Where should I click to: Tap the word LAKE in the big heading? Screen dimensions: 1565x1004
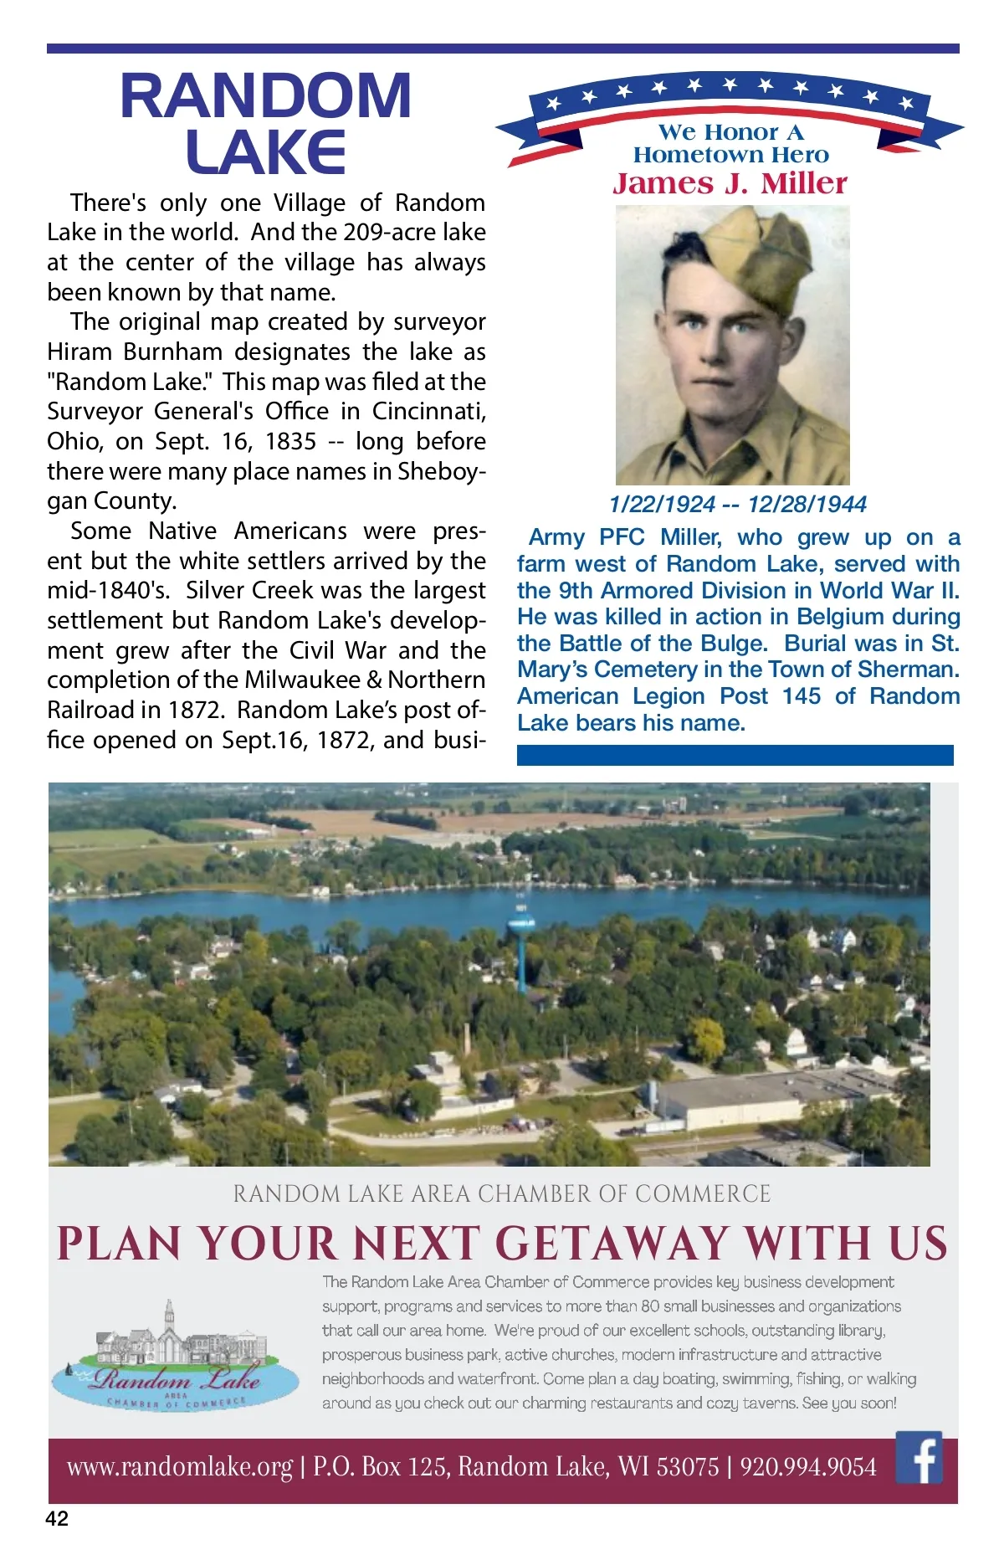coord(266,152)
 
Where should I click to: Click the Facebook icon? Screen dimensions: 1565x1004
coord(919,1457)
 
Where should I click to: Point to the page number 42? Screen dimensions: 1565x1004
coord(57,1518)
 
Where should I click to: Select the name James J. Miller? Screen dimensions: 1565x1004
coord(730,183)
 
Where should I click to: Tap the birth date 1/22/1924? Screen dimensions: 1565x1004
coord(662,504)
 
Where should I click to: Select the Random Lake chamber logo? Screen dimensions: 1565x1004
coord(176,1356)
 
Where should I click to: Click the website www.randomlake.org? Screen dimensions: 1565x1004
coord(180,1466)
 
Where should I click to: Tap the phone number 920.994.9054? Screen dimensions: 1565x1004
coord(808,1466)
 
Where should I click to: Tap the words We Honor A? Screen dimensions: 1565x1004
coord(730,132)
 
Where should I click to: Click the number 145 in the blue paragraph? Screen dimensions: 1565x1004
coord(801,696)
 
